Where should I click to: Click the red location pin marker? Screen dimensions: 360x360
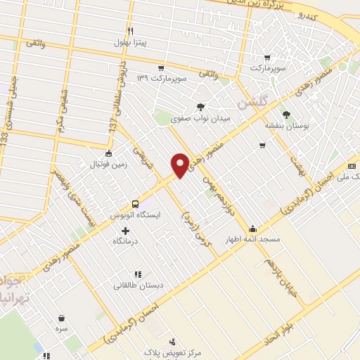coord(180,165)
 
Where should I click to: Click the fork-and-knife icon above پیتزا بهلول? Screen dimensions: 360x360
coord(130,31)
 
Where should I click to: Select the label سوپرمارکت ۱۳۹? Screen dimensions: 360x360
coord(161,78)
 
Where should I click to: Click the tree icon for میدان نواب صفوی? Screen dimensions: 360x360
coord(201,107)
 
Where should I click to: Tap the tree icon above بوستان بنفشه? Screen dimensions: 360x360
coord(285,114)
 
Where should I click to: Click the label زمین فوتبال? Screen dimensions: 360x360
coord(105,164)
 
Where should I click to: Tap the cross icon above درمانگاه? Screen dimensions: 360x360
coord(126,231)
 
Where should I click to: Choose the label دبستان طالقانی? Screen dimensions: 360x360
coord(138,285)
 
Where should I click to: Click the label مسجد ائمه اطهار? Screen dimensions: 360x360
coord(252,239)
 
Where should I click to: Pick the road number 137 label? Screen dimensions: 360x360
coord(112,124)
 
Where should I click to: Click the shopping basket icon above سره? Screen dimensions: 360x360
coord(61,317)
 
